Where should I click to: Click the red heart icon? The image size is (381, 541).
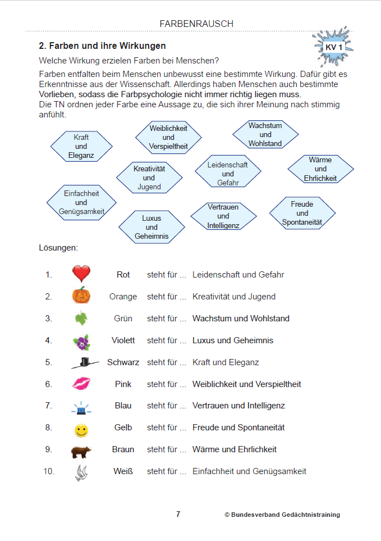click(81, 274)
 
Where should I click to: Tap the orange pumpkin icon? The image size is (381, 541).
click(81, 295)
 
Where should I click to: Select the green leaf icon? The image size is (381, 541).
click(81, 319)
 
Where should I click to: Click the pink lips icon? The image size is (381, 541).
click(81, 384)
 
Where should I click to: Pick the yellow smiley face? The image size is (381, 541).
click(81, 431)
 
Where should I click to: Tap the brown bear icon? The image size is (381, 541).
click(81, 451)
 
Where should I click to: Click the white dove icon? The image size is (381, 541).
click(81, 472)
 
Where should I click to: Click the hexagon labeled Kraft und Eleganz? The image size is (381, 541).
click(81, 146)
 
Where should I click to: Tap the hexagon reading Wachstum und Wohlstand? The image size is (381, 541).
click(265, 134)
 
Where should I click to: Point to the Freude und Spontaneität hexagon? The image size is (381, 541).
click(302, 213)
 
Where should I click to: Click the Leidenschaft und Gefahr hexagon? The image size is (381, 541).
click(228, 174)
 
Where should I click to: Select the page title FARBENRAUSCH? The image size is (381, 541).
click(196, 24)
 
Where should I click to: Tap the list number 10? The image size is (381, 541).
click(49, 471)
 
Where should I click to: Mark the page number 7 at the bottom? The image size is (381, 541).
click(178, 514)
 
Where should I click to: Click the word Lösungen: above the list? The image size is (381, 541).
click(58, 247)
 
